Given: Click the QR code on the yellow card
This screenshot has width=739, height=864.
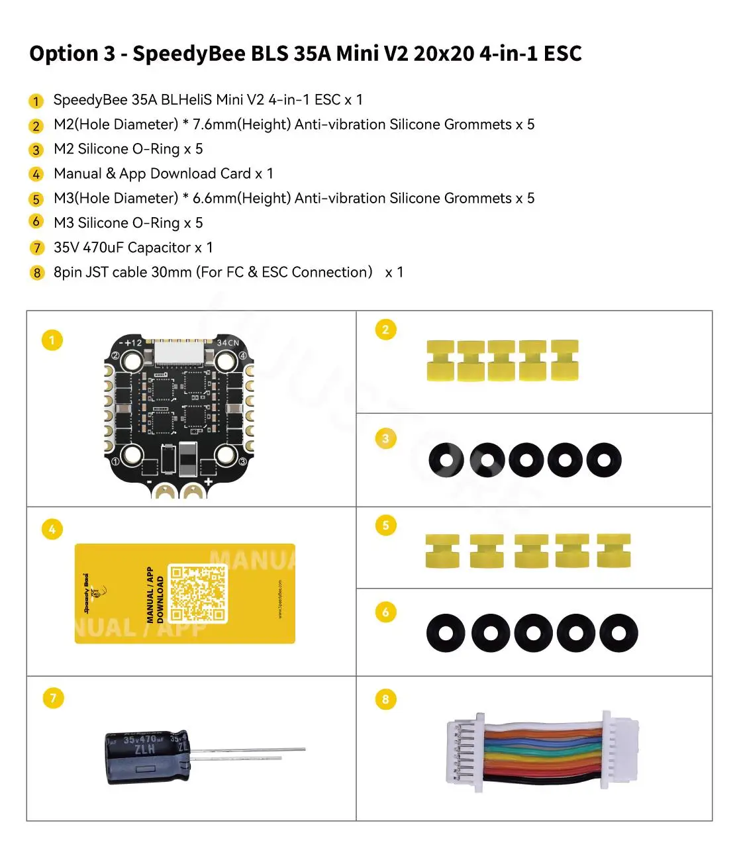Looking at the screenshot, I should [198, 593].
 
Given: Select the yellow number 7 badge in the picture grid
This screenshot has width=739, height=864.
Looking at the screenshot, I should [53, 698].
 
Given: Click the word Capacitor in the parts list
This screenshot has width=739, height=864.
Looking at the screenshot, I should [159, 248].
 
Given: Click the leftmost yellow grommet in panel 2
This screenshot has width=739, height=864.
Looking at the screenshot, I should [440, 361].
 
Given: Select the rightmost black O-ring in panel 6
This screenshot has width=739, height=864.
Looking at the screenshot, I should [618, 633].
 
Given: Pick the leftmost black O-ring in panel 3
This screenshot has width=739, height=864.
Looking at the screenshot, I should [446, 460].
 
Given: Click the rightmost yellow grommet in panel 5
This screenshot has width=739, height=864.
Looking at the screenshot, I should [613, 551].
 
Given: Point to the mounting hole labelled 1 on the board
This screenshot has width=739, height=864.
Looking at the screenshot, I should [132, 455].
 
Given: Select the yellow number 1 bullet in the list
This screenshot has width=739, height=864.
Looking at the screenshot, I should [36, 101].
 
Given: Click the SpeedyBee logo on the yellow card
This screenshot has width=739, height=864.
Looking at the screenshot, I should [91, 594].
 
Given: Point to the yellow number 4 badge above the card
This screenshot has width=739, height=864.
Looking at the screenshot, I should [52, 529].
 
